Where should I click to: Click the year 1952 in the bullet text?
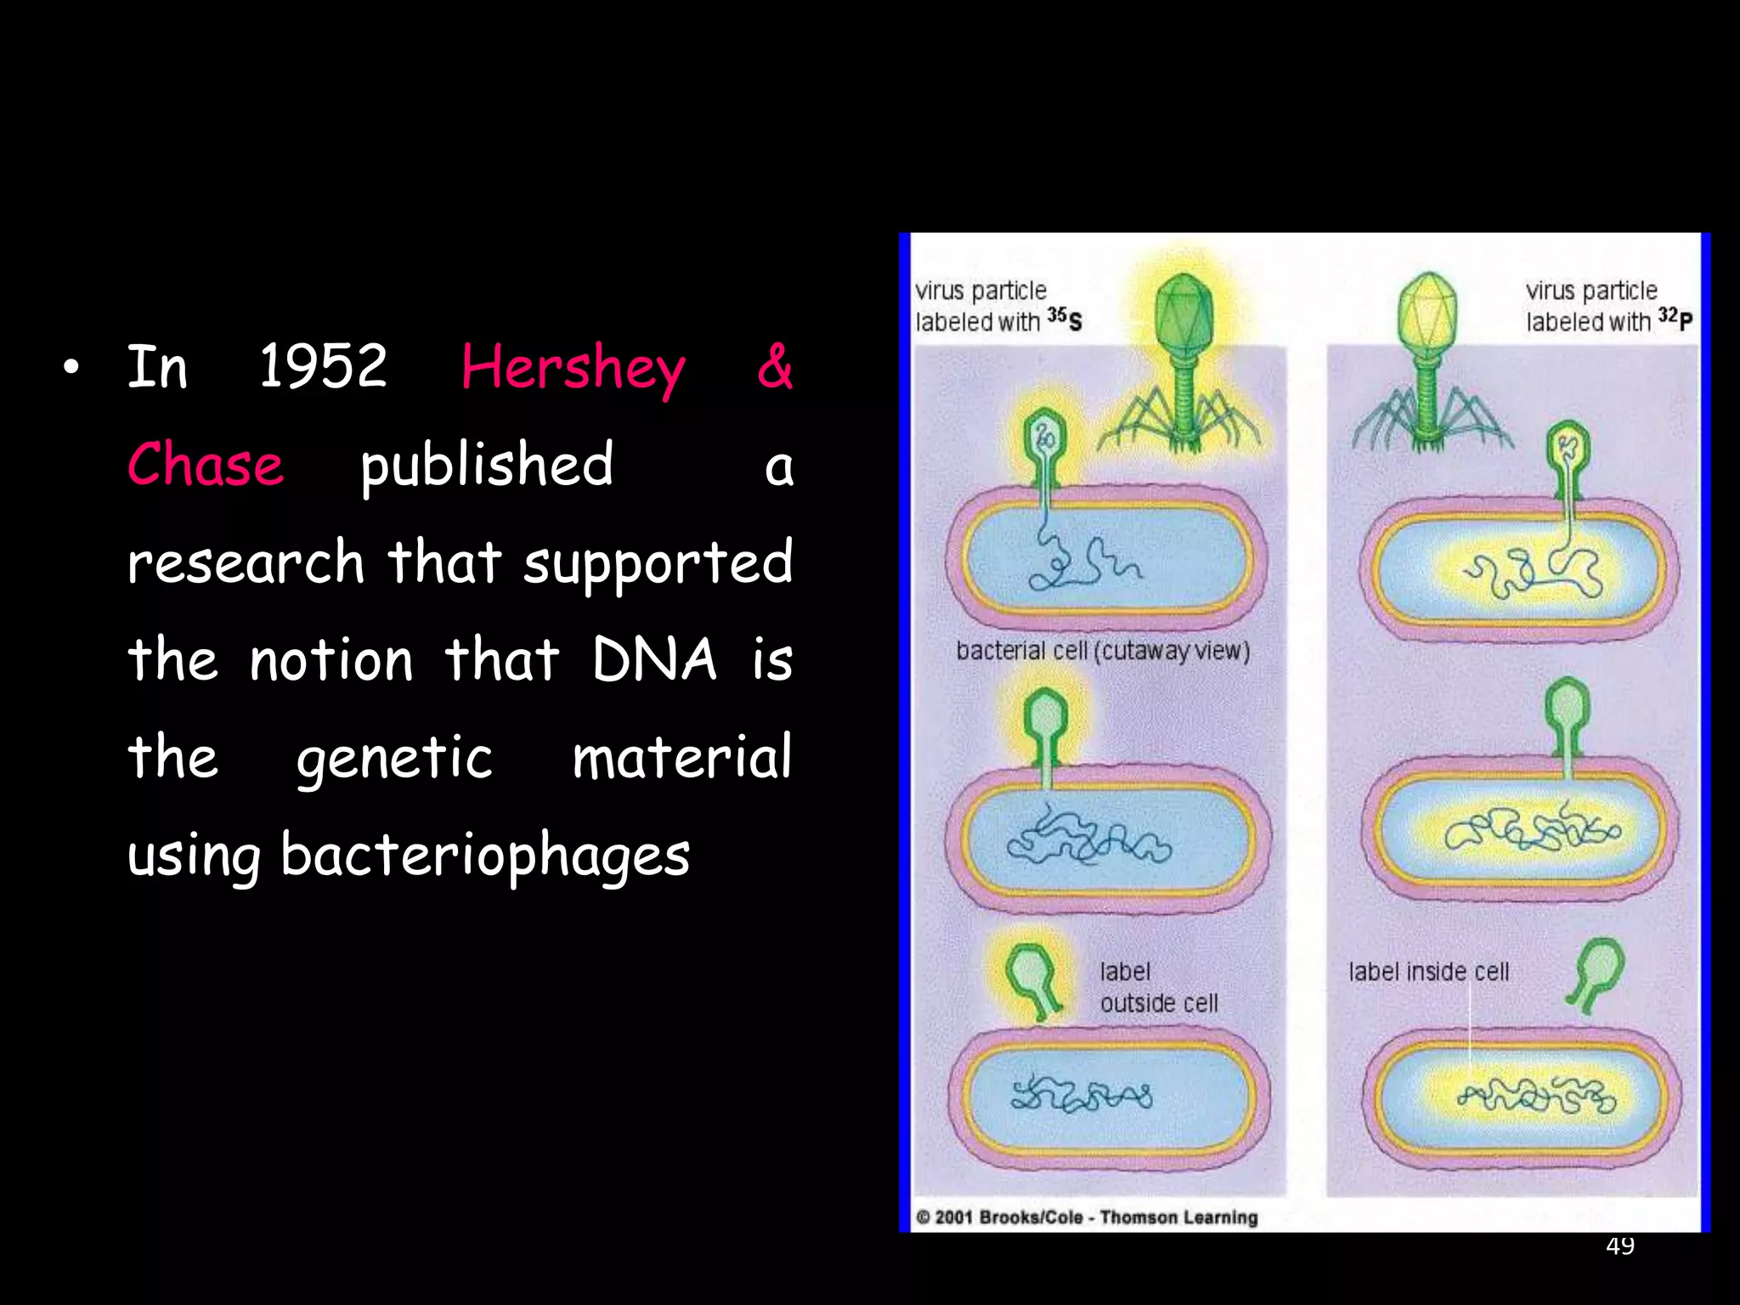[x=323, y=367]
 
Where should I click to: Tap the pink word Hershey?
[x=573, y=369]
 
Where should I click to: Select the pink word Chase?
[x=205, y=466]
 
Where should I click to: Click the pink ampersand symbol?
[x=774, y=367]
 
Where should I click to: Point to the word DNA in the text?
[x=654, y=660]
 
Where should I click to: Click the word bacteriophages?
[x=485, y=855]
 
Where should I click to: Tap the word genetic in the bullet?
[x=394, y=758]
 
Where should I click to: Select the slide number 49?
[x=1620, y=1246]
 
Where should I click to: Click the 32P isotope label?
[x=1675, y=319]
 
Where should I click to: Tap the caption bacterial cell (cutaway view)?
[x=1103, y=651]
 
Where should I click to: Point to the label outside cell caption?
[x=1158, y=987]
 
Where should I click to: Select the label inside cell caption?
[x=1428, y=972]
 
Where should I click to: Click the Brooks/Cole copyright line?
[x=1087, y=1217]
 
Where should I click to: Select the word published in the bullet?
[x=486, y=466]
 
